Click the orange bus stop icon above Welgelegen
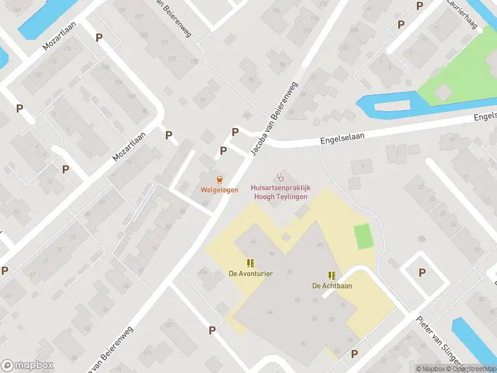pos(219,179)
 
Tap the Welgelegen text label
pos(219,190)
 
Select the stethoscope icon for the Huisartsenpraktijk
pos(280,177)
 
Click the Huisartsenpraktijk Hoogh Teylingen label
pos(280,191)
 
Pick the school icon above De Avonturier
pos(250,263)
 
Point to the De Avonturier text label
pos(250,274)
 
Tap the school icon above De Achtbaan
pos(332,275)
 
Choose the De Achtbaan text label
pos(332,286)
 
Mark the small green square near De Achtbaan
pos(362,237)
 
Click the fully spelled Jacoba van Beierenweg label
pos(274,119)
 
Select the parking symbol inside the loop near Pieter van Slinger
pos(422,272)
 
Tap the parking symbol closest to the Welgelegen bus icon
pos(224,150)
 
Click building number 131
pos(165,42)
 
